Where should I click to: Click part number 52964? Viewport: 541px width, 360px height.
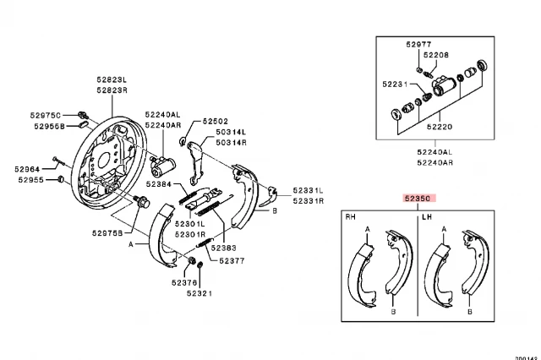[x=28, y=168]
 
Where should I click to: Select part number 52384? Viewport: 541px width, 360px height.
[x=158, y=183]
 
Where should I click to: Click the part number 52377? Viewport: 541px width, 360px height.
[x=232, y=262]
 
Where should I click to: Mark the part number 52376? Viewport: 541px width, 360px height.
[x=186, y=282]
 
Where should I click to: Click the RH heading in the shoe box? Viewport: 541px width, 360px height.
[x=350, y=216]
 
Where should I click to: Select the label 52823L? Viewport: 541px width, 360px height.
[x=110, y=79]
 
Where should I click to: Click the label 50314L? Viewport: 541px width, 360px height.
[x=230, y=133]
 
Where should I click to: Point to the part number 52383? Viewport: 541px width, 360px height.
[x=223, y=248]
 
